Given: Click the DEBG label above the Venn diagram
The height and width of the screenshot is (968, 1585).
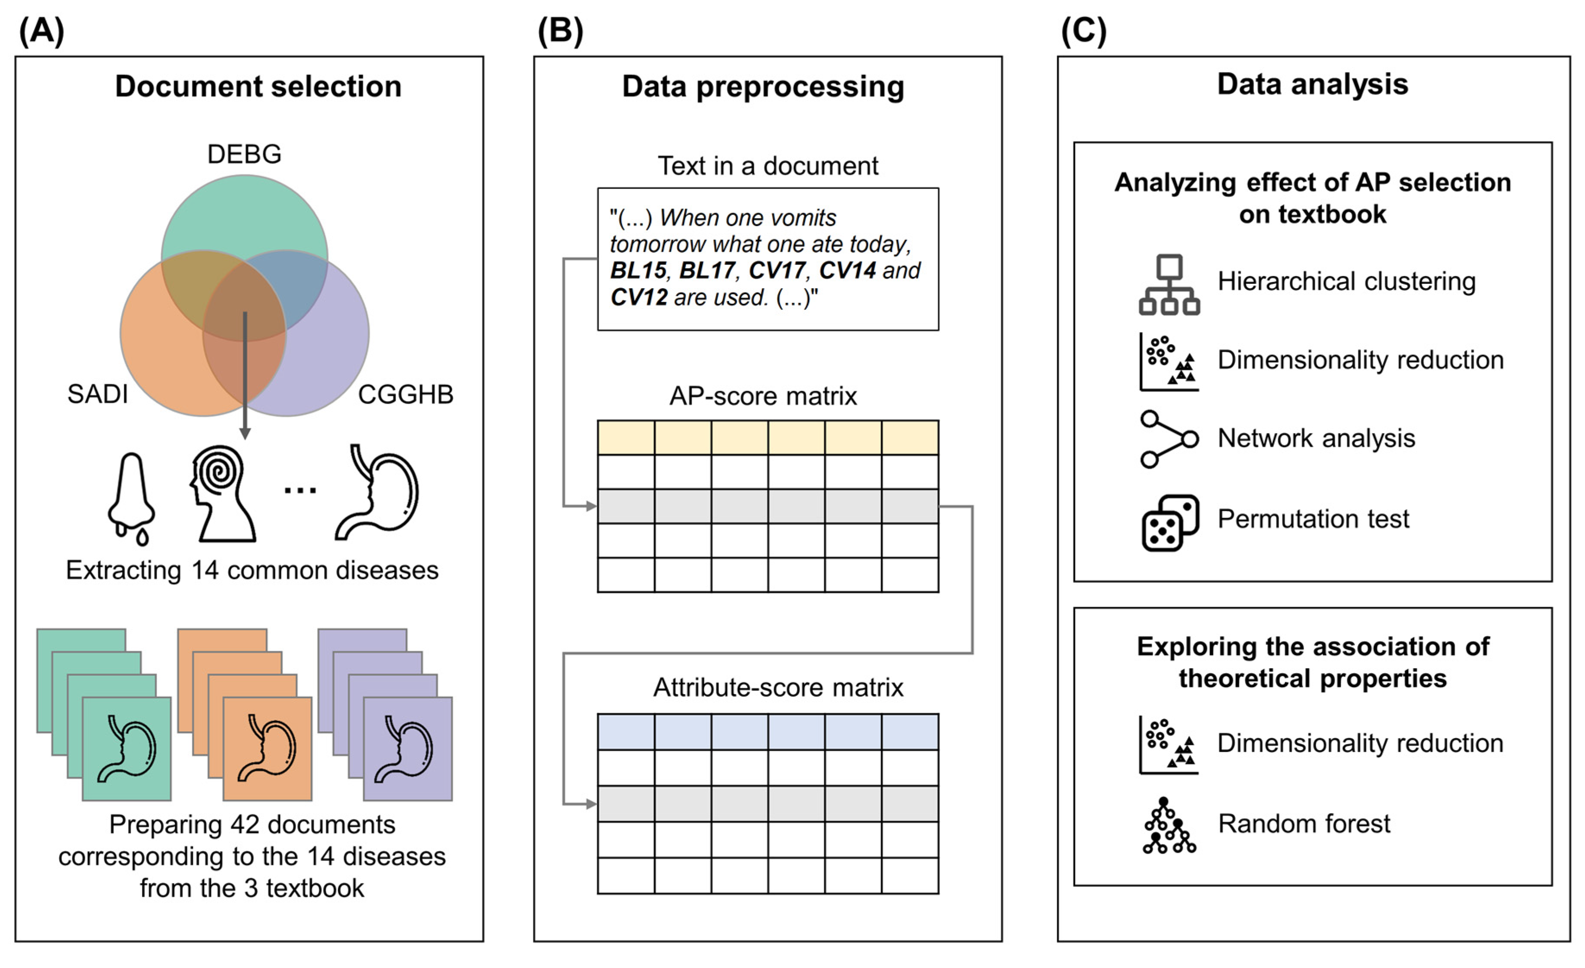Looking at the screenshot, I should point(244,154).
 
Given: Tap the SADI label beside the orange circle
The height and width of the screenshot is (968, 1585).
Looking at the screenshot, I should point(98,394).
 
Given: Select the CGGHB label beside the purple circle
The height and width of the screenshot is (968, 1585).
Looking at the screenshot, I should point(405,394).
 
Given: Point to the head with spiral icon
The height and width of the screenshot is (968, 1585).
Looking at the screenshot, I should point(222,494).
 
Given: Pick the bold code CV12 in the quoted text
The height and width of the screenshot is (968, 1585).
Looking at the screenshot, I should point(638,297).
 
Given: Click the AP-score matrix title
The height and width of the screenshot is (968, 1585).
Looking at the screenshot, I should point(763,396).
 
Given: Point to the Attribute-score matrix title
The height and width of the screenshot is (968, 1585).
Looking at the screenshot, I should point(778,688).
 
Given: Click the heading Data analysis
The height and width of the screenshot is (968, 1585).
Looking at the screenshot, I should point(1312,84).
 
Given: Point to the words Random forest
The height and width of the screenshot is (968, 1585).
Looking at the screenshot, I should point(1304,824).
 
